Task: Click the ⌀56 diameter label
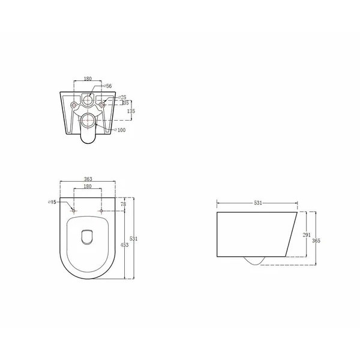[x=107, y=86]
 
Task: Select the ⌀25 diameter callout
[x=122, y=97]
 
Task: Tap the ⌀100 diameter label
[x=119, y=130]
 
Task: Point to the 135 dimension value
[x=131, y=111]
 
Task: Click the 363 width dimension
[x=88, y=179]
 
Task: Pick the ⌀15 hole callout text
[x=52, y=202]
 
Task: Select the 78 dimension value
[x=123, y=204]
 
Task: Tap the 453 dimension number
[x=124, y=245]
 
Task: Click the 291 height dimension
[x=307, y=235]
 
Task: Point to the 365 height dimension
[x=316, y=241]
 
